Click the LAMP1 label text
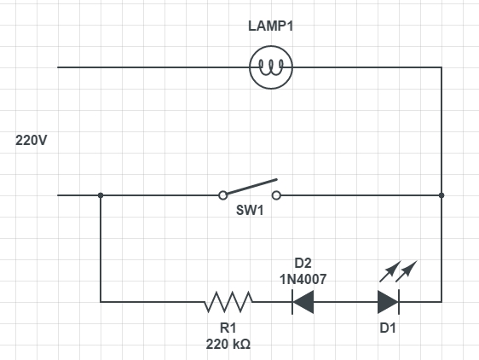click(x=271, y=26)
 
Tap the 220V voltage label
click(x=32, y=141)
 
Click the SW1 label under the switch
click(x=250, y=211)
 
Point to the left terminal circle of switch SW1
click(x=223, y=195)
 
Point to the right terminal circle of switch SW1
click(x=276, y=195)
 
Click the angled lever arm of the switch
click(x=251, y=187)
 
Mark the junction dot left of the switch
click(x=101, y=195)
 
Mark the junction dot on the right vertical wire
click(x=441, y=195)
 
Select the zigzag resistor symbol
click(x=228, y=302)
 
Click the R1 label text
click(x=228, y=328)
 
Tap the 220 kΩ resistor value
click(x=228, y=345)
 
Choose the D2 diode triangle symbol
click(x=303, y=302)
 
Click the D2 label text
click(x=303, y=263)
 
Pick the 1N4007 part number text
click(x=303, y=279)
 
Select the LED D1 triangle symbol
click(x=389, y=302)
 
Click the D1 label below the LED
click(x=388, y=328)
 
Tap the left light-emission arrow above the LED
click(x=390, y=271)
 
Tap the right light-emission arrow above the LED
click(x=407, y=271)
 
